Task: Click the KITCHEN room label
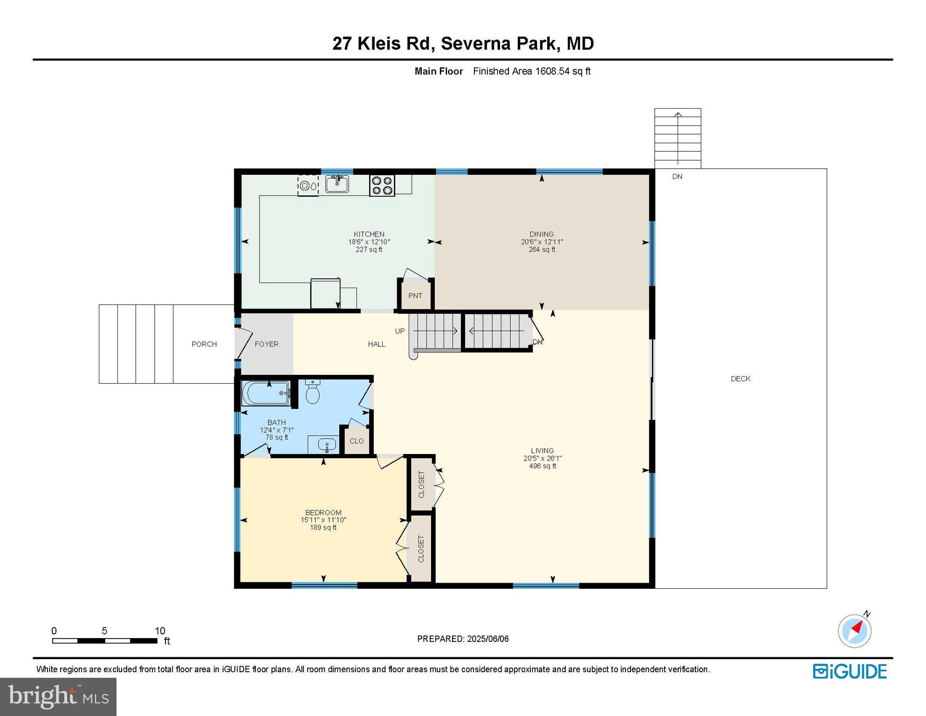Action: tap(369, 234)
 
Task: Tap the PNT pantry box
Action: tap(415, 296)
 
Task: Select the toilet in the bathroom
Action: tap(312, 393)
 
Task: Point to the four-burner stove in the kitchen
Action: tap(382, 185)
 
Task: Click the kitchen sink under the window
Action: tap(337, 184)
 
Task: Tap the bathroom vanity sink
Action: tap(327, 445)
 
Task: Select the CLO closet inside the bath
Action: tap(357, 441)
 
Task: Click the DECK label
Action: tap(740, 379)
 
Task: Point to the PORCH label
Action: tap(204, 344)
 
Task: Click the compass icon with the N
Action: tap(854, 631)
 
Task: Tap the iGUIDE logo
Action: tap(850, 671)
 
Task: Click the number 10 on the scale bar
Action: tap(160, 631)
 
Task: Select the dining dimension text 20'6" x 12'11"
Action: tap(542, 242)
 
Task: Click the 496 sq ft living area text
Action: tap(542, 466)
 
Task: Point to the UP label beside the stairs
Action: tap(400, 331)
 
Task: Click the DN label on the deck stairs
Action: tap(677, 176)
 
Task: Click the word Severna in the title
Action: tap(474, 43)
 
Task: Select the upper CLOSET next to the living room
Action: tap(421, 484)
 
